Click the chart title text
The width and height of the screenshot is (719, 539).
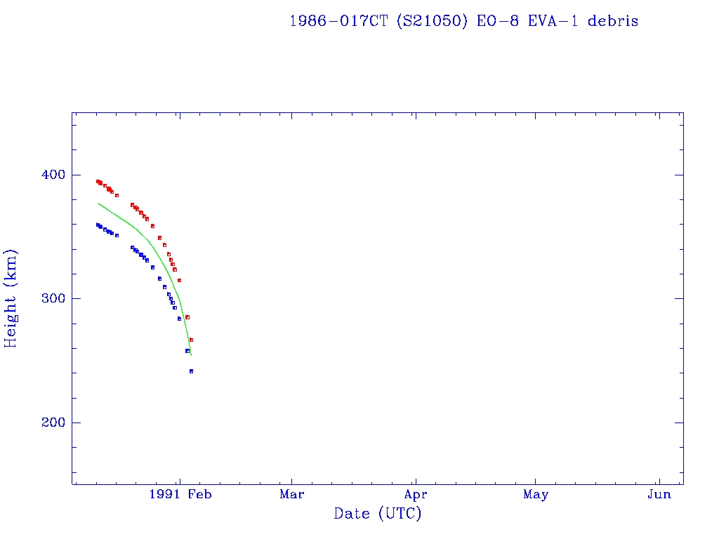[x=463, y=21]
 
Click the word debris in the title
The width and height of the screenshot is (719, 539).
[x=613, y=21]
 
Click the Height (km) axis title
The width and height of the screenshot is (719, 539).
[x=11, y=298]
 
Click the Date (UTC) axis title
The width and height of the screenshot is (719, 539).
[x=378, y=514]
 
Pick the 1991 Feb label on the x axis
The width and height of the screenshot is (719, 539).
[x=180, y=495]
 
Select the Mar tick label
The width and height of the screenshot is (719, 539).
[x=291, y=495]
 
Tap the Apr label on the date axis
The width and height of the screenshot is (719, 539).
[x=416, y=495]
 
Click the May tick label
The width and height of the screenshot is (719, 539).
[x=536, y=495]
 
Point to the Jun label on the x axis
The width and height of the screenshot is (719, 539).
[x=659, y=495]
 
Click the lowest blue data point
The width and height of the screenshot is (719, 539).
[x=191, y=371]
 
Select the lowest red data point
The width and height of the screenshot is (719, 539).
[x=191, y=340]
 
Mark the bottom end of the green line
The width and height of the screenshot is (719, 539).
[x=191, y=355]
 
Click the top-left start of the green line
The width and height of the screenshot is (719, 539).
[x=98, y=203]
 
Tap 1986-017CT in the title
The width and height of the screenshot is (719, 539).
[x=339, y=21]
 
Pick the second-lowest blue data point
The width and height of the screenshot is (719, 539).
[x=187, y=351]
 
